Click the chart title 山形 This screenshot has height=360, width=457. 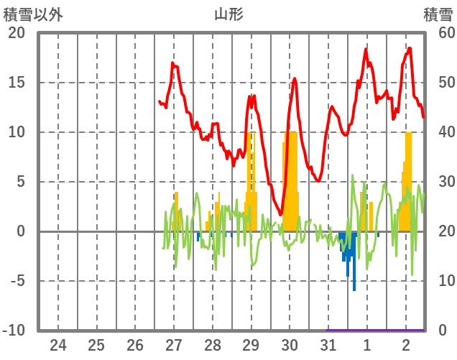coord(228,14)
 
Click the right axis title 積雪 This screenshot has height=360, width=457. coord(437,14)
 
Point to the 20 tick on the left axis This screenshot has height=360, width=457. coord(17,33)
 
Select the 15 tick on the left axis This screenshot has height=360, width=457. coord(17,83)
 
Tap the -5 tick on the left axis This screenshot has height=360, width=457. coord(17,281)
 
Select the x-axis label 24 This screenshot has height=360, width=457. coord(58,344)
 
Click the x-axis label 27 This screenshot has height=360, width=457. coord(174,344)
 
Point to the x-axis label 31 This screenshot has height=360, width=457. coord(328,344)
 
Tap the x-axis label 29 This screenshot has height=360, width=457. coord(251,344)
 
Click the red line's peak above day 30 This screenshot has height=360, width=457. coord(295,78)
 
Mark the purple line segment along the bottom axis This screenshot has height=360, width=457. coord(376,330)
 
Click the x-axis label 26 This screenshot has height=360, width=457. coord(135,344)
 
